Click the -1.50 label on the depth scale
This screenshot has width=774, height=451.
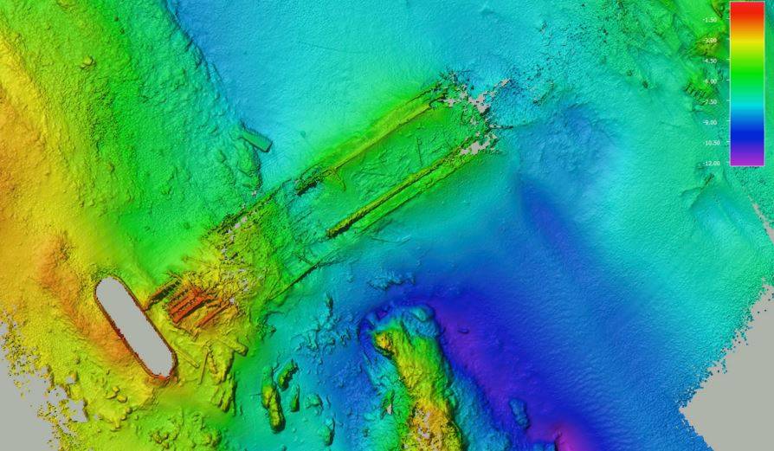pos(711,19)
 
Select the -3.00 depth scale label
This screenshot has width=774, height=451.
pos(711,40)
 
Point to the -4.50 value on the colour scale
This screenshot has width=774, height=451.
pos(711,61)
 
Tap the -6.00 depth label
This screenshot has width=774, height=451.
pos(711,81)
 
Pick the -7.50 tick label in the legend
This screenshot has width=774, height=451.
pos(711,101)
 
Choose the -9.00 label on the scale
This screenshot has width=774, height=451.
pos(711,122)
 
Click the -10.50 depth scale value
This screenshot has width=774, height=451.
pos(711,142)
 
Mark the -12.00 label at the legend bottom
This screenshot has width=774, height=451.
pos(711,163)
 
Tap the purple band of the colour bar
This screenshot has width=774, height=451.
pos(745,156)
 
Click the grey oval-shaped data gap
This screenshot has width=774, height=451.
pos(134,327)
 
